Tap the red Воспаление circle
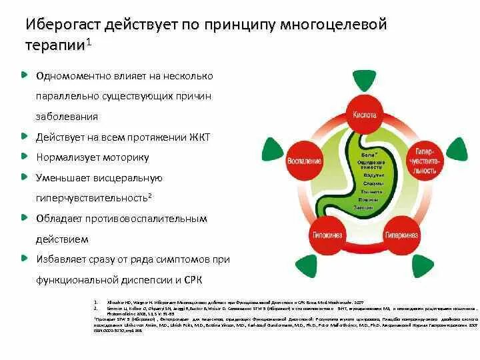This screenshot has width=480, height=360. (x=305, y=161)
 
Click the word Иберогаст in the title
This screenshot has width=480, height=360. (x=63, y=25)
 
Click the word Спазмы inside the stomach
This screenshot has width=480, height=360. (x=373, y=183)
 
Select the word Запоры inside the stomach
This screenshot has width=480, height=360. (x=373, y=207)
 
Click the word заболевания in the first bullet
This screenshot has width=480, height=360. (x=67, y=116)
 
